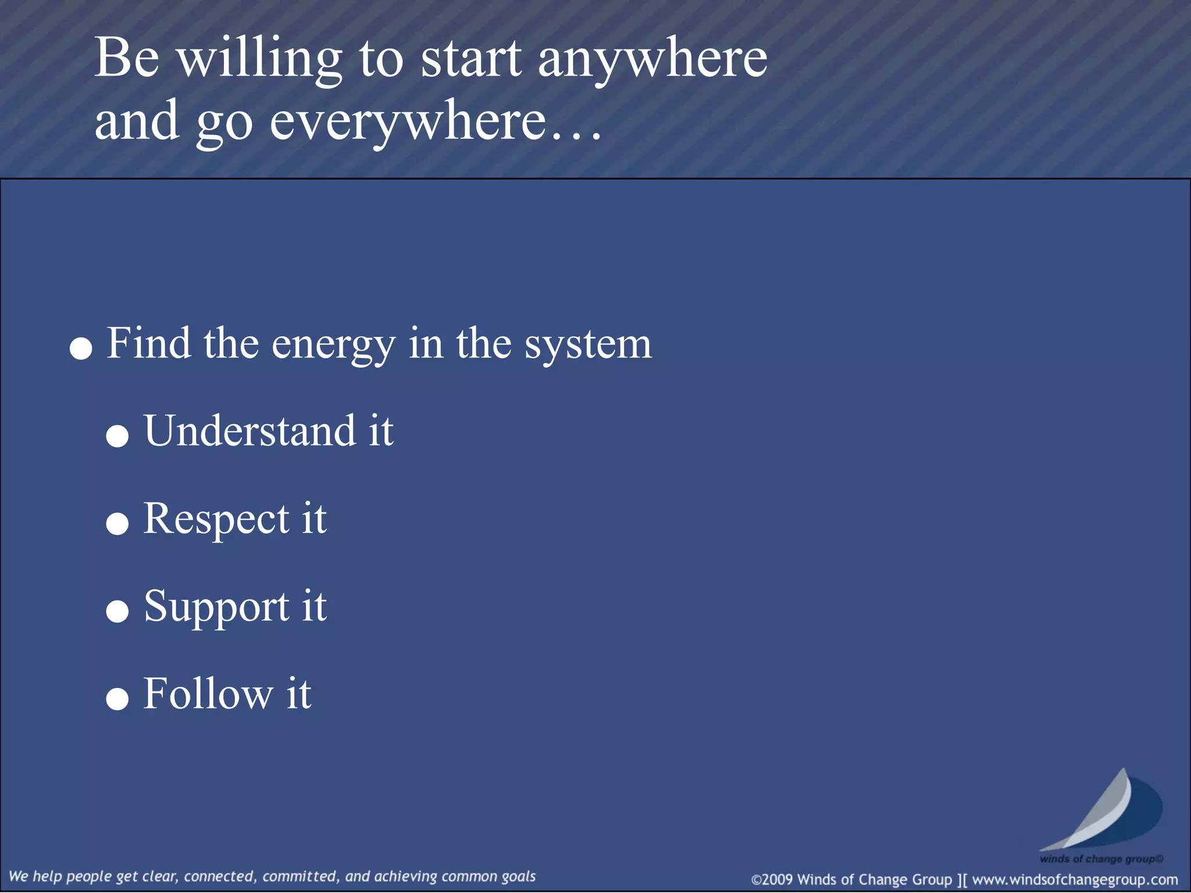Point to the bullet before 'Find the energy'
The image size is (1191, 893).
coord(81,349)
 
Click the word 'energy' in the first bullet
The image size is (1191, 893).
coord(333,345)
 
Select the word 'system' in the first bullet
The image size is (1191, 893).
coord(588,345)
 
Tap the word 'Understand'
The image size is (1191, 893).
coord(249,431)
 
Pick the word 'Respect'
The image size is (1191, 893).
coord(216,519)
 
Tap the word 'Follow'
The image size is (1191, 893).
coord(208,694)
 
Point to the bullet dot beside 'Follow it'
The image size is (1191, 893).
coord(117,699)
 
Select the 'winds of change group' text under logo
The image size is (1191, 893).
coord(1101,859)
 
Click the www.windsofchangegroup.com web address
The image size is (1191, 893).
coord(1075,880)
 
